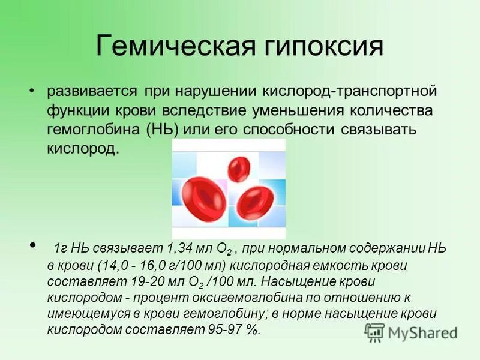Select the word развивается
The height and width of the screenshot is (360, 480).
pyautogui.click(x=92, y=93)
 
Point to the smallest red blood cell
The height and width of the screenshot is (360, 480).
pyautogui.click(x=241, y=165)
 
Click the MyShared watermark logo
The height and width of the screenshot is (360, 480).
pyautogui.click(x=412, y=332)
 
